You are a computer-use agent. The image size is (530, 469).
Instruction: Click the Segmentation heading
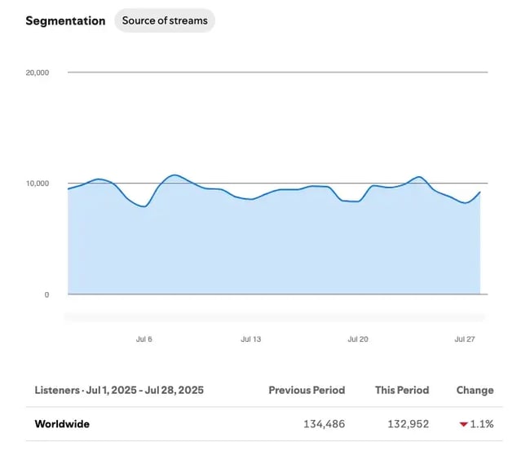[65, 20]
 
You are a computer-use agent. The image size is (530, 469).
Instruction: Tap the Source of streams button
[165, 20]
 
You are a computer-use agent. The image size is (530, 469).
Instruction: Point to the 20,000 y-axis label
[38, 73]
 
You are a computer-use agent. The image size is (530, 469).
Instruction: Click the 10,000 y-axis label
[38, 184]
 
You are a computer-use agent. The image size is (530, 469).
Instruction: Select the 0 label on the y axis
[46, 294]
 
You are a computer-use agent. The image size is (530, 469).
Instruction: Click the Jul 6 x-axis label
[144, 338]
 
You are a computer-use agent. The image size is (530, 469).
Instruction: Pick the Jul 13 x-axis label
[251, 338]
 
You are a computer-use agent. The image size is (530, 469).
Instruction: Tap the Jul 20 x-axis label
[358, 338]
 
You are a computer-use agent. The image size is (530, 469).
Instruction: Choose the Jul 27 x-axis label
[465, 338]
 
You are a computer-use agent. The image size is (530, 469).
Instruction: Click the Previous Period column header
[307, 390]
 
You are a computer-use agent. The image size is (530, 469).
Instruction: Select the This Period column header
[402, 390]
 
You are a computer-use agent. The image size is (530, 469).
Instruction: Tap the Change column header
[475, 390]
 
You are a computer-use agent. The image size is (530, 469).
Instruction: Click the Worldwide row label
[62, 424]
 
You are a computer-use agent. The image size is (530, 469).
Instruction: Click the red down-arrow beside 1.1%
[463, 425]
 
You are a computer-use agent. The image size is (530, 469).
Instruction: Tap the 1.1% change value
[482, 424]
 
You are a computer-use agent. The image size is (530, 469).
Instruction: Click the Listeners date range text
[119, 390]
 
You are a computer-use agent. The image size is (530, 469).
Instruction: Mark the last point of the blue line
[480, 192]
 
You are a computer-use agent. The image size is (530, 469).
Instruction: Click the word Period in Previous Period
[328, 390]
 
